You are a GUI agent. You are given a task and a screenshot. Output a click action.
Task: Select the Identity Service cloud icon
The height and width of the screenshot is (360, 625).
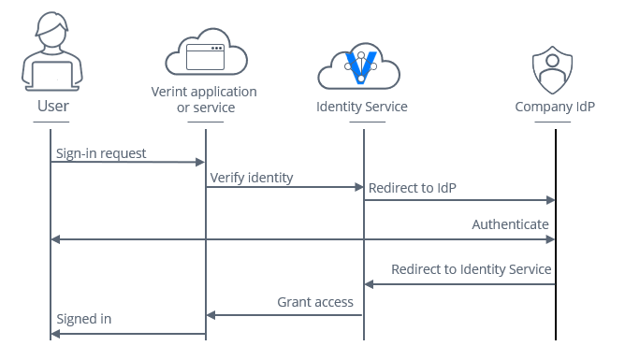click(x=361, y=65)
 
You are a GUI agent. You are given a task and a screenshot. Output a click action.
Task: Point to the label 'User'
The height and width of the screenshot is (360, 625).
click(x=52, y=106)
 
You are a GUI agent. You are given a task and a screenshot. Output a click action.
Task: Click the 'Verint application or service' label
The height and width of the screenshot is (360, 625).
click(x=204, y=99)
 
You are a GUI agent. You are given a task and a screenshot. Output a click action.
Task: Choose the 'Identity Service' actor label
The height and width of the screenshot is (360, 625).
click(x=361, y=107)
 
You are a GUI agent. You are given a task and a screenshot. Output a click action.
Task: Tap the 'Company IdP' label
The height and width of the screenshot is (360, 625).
click(x=555, y=107)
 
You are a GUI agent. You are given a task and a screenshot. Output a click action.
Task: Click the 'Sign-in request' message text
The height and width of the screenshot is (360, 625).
click(x=102, y=152)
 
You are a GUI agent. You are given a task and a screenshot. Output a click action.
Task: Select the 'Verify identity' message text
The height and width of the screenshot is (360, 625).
click(x=252, y=177)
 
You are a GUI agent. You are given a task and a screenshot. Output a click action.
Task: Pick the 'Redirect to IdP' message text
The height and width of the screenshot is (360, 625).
click(x=413, y=188)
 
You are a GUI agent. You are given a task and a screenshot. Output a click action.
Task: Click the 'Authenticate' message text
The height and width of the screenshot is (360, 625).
click(x=510, y=224)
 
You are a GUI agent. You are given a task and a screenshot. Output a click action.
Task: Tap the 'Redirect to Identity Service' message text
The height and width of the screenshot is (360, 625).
click(x=471, y=269)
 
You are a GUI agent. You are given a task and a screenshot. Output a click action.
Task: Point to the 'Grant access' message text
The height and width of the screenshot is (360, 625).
click(x=315, y=302)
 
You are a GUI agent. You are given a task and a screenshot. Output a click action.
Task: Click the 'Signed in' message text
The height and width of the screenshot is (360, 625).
click(x=84, y=319)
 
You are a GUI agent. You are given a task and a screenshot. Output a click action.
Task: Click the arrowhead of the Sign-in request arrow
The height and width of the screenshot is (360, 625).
click(x=200, y=163)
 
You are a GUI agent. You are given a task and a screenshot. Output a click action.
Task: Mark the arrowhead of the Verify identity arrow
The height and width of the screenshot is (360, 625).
click(x=357, y=187)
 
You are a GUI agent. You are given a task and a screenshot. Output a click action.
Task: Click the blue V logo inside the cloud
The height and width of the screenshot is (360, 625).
click(x=361, y=65)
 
